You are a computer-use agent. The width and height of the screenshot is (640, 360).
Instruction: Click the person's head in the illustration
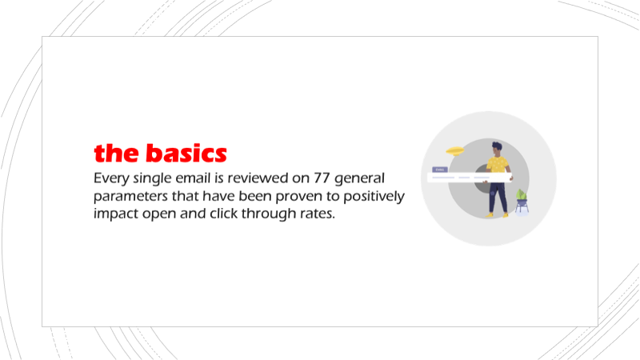click(x=497, y=148)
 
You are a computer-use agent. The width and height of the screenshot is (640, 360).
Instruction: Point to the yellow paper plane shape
click(x=454, y=149)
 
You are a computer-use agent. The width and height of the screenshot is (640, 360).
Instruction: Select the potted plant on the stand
click(x=522, y=199)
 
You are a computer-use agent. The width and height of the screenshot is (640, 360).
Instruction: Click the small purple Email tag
click(x=438, y=170)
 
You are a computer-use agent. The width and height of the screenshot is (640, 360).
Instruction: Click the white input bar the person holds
click(x=468, y=178)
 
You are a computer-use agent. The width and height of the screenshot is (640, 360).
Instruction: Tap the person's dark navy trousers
click(x=498, y=197)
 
